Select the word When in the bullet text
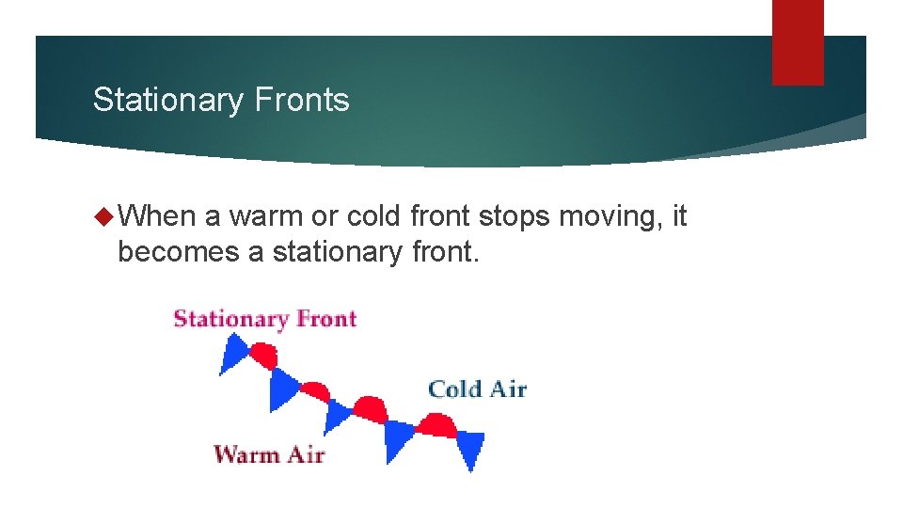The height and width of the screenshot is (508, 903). coord(157,216)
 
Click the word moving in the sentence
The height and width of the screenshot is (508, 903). coord(621,216)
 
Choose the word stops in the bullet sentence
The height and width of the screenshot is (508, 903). coord(514,216)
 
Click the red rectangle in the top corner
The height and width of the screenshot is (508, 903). coord(798,41)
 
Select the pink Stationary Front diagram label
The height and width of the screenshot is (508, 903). coord(264,318)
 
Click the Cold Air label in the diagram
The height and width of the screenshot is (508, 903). coord(477,389)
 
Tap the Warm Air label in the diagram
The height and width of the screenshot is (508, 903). coord(269,454)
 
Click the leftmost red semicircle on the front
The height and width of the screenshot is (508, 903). coord(264,356)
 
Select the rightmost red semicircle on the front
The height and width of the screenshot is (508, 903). coord(436,425)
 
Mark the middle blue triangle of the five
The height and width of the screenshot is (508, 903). coord(337,414)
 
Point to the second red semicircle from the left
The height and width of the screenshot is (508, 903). coord(314,390)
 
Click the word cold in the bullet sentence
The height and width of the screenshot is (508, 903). coord(373,216)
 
